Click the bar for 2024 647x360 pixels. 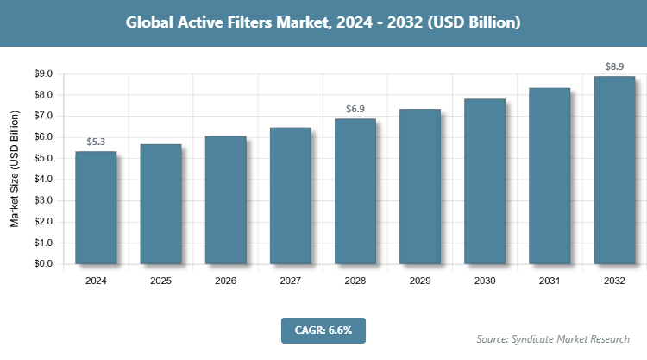(96, 207)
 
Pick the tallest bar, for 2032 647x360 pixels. (614, 170)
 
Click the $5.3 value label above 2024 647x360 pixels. (96, 142)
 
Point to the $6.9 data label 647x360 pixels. (355, 109)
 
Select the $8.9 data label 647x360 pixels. (614, 66)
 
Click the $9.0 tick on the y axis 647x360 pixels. (42, 73)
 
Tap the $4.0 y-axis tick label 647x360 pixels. (42, 180)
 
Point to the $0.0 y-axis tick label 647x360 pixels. (42, 264)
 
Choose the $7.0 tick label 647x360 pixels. (42, 116)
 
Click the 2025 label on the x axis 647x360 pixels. (160, 281)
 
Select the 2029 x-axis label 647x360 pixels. (420, 281)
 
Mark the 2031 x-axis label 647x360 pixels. (550, 281)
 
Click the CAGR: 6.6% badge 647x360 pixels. (323, 330)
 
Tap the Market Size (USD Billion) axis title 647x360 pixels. (15, 169)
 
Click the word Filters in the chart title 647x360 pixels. (239, 22)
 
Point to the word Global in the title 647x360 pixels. (150, 22)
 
